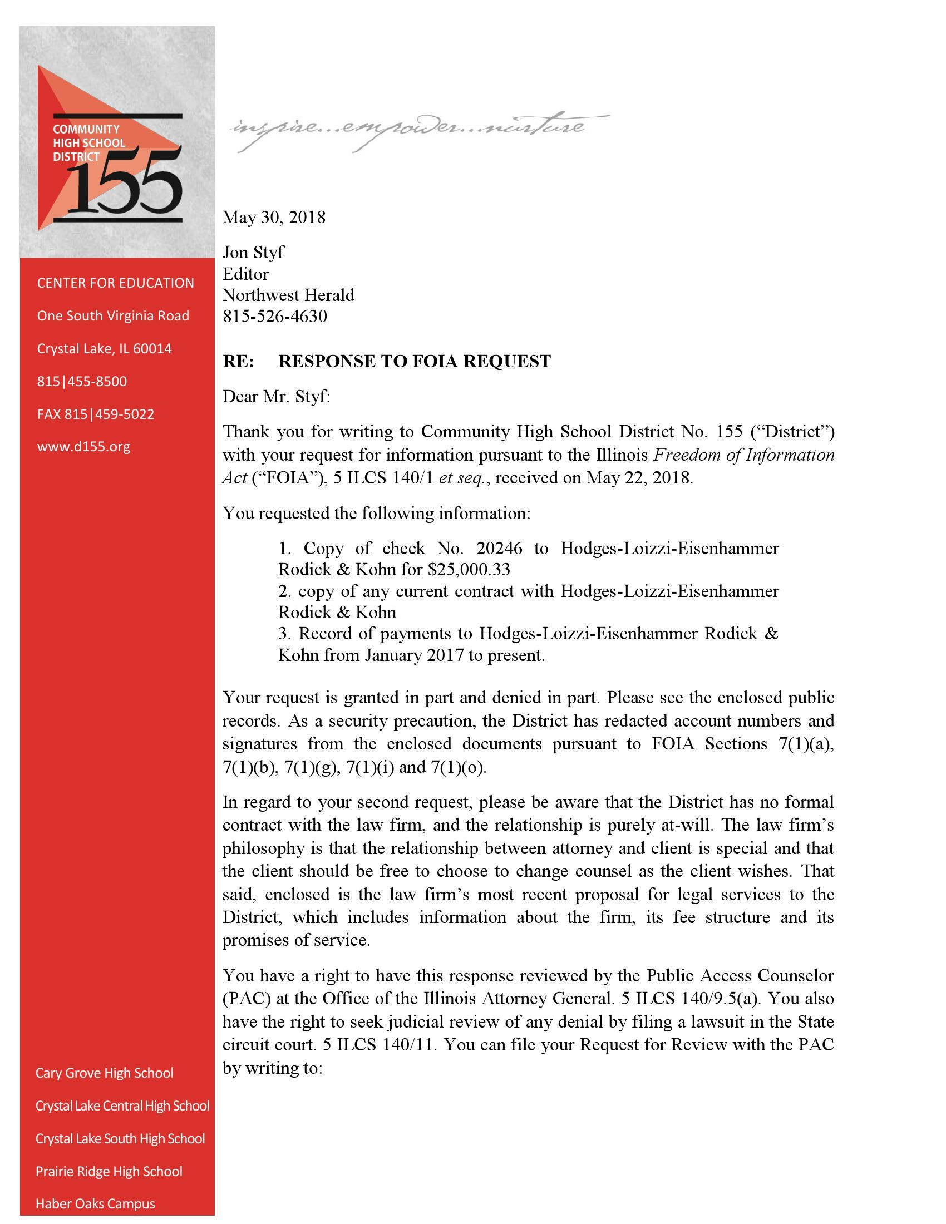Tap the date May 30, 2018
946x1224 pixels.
click(273, 218)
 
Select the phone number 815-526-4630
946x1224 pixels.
click(274, 317)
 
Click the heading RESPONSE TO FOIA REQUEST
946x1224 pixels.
click(414, 362)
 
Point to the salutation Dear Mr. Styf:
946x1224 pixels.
click(277, 397)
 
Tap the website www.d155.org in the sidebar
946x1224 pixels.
click(83, 447)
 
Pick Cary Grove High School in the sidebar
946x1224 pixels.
click(104, 1073)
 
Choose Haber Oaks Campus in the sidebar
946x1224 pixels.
click(95, 1203)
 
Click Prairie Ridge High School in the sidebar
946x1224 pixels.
click(109, 1171)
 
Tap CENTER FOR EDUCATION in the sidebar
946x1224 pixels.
click(115, 283)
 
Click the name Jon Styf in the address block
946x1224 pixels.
click(253, 252)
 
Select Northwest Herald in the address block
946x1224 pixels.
click(288, 295)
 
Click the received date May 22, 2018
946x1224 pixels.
click(639, 478)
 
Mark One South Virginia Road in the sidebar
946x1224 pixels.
click(113, 316)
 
